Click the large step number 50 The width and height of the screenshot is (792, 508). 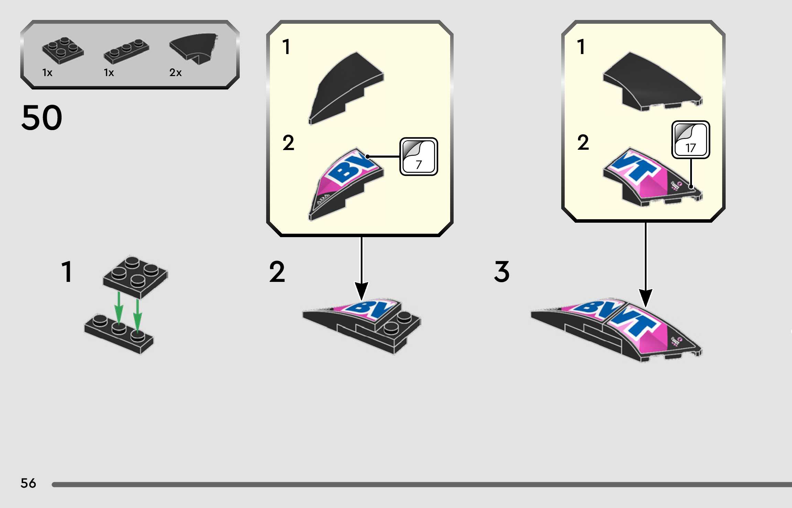click(42, 118)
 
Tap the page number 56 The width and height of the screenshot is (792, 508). click(28, 483)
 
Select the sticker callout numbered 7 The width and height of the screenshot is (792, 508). click(419, 157)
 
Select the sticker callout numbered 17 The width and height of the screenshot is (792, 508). click(691, 140)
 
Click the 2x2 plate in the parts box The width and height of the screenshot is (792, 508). click(63, 51)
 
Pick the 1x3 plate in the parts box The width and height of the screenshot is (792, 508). click(126, 52)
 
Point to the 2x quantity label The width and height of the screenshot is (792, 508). click(175, 73)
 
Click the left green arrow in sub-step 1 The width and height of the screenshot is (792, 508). click(119, 308)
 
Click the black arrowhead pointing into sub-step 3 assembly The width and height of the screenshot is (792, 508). click(645, 298)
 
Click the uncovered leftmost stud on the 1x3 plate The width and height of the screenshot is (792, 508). click(100, 320)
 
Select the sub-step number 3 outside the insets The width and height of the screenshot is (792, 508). click(502, 272)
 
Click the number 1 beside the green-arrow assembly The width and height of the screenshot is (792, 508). click(67, 272)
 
